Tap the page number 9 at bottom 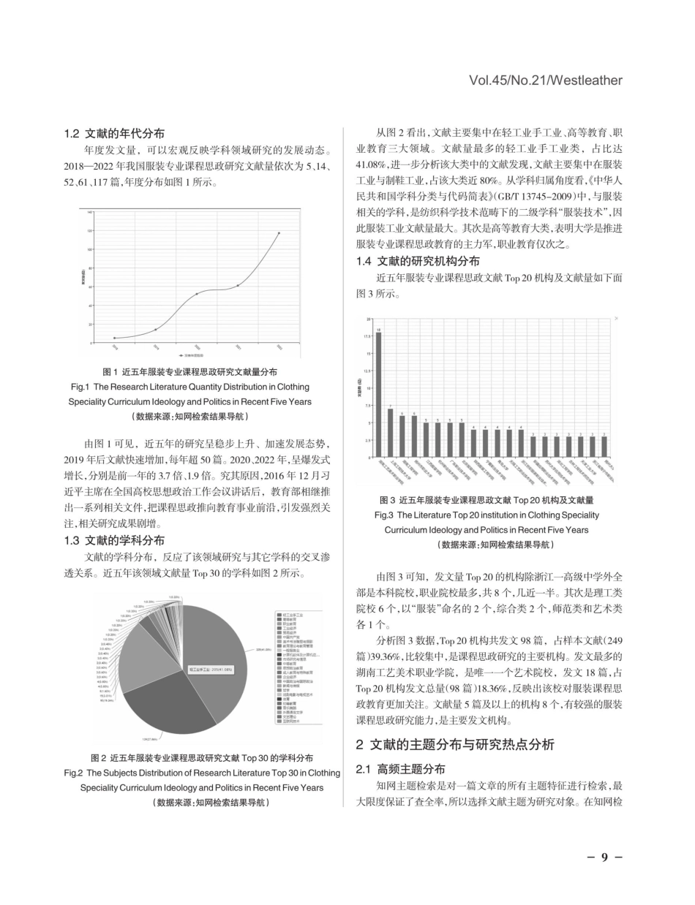coord(605,857)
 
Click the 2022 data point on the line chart coord(279,233)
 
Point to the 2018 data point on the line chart coord(114,338)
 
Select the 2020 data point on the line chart coord(196,294)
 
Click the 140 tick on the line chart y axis coord(90,212)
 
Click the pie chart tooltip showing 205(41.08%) coord(211,669)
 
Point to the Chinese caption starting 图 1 coord(189,372)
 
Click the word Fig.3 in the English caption coord(384,515)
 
